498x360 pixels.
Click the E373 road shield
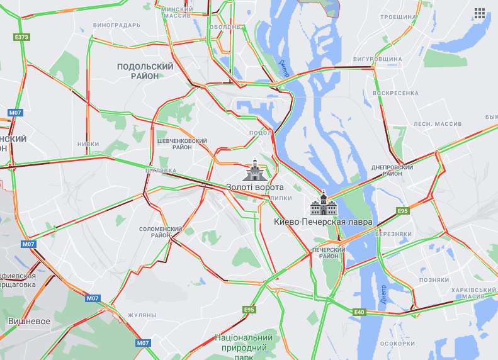(21, 37)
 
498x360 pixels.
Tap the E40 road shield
(359, 312)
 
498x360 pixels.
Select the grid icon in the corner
(480, 13)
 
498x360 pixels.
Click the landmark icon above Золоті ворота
(255, 170)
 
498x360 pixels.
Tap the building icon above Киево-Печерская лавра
(323, 204)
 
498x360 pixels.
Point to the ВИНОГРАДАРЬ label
(116, 26)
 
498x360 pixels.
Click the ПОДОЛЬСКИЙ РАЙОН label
(145, 71)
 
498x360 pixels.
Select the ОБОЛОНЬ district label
(225, 27)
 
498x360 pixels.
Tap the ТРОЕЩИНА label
(399, 16)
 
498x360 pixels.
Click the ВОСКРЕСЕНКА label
(395, 93)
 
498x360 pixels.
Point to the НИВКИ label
(88, 144)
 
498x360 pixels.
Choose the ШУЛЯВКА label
(160, 171)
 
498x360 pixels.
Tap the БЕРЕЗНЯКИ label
(393, 234)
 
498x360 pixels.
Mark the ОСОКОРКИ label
(397, 344)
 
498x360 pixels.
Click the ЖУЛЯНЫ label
(142, 315)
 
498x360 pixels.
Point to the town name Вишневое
(29, 321)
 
